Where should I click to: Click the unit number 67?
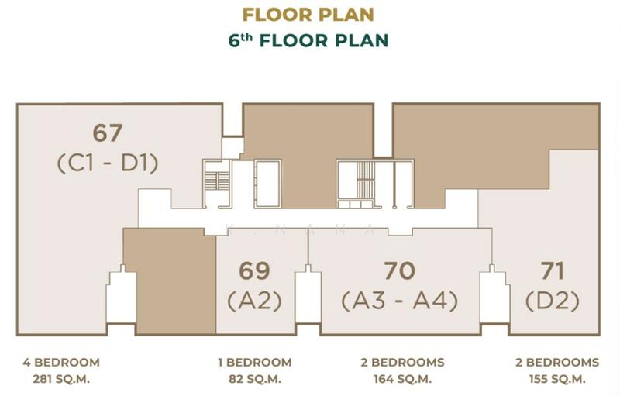point(108,133)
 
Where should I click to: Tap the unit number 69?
point(254,271)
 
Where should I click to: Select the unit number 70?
point(400,271)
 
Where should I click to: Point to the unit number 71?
point(553,271)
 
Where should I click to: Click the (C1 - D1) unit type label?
point(108,164)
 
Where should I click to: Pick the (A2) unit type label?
point(255,301)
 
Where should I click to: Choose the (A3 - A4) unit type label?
point(400,301)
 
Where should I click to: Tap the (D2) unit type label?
point(553,301)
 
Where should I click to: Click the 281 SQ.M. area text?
point(61,379)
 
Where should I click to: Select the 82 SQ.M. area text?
point(255,379)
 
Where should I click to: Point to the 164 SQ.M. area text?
point(402,379)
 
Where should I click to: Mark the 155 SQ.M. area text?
point(557,379)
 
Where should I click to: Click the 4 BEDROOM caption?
point(61,363)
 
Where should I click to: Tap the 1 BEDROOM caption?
point(255,363)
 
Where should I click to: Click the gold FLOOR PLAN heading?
point(308,15)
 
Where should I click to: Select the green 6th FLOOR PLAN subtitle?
point(308,40)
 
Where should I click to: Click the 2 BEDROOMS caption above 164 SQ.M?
point(402,363)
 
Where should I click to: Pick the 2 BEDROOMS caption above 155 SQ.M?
point(557,363)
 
